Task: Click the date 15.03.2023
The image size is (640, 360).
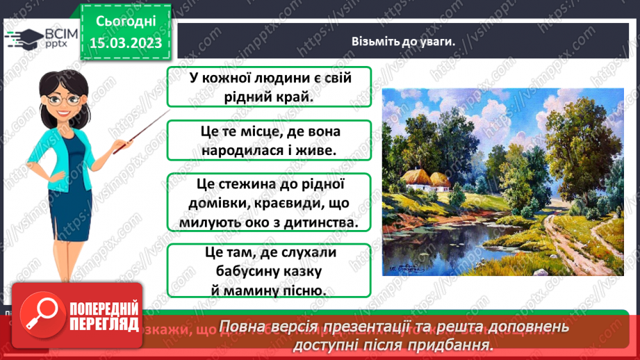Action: [x=125, y=43]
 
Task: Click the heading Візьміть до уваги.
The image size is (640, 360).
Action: [x=402, y=42]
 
